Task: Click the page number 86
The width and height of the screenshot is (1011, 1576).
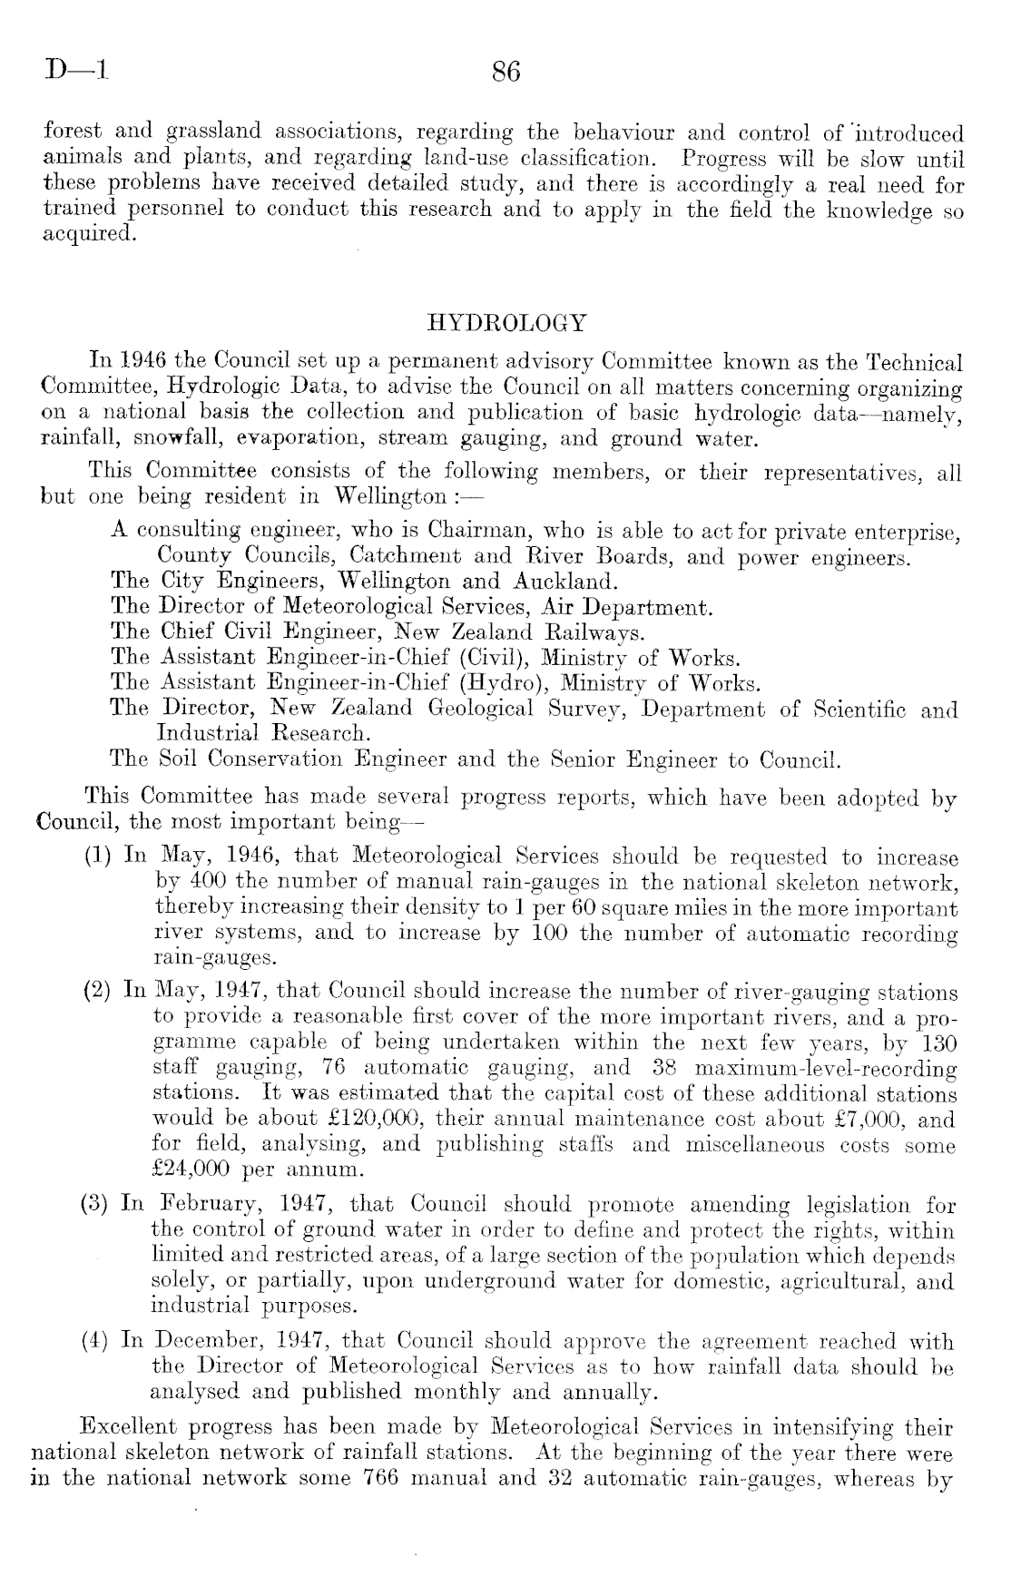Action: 505,71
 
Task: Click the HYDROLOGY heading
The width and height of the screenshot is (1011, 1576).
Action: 505,323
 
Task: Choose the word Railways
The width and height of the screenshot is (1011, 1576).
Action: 594,631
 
